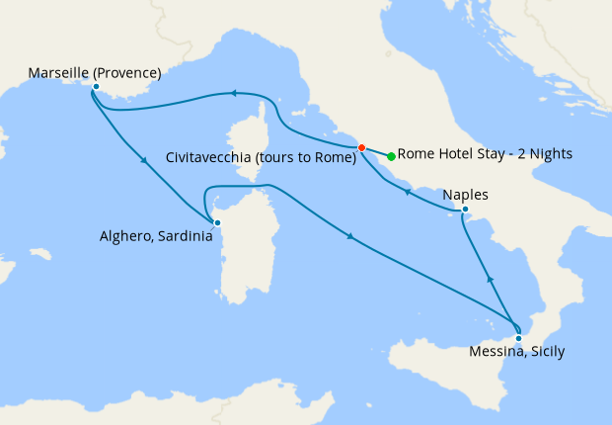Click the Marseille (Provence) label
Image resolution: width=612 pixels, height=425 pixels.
(x=95, y=72)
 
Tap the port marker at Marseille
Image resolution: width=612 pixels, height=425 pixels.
(x=96, y=87)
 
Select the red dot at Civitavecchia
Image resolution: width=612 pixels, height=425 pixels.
(x=361, y=148)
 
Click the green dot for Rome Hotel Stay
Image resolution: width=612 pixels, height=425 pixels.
(x=392, y=156)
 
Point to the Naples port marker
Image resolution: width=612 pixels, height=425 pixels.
(x=465, y=209)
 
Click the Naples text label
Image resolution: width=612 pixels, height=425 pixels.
(x=466, y=194)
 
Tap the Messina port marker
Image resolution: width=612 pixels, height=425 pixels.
(x=518, y=338)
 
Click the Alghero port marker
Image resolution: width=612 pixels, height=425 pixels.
(x=218, y=222)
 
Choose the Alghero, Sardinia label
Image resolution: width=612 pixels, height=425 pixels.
(x=155, y=236)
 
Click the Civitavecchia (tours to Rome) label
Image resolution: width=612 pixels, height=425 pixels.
(x=261, y=156)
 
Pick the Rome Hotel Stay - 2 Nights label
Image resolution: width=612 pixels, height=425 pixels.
(x=485, y=154)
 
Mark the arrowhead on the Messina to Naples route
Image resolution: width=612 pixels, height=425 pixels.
(x=490, y=281)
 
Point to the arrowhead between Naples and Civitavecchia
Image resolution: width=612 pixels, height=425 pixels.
(x=408, y=193)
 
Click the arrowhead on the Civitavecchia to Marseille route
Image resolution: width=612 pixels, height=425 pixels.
(x=234, y=94)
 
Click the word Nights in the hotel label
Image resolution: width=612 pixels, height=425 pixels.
(x=550, y=154)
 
